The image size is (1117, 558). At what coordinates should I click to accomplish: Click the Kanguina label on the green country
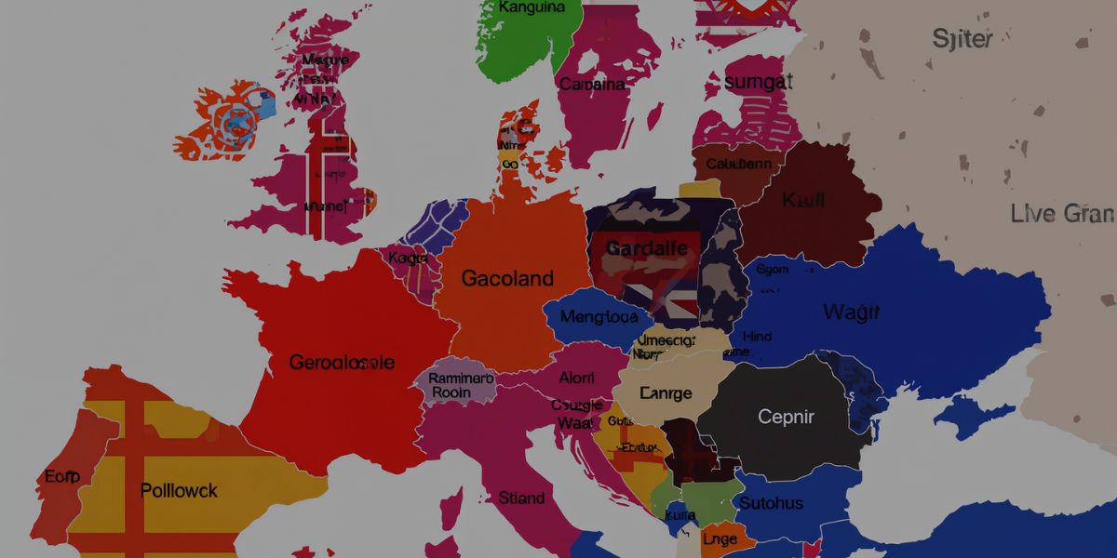[x=532, y=7]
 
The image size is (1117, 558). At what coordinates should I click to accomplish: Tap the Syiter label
[x=962, y=39]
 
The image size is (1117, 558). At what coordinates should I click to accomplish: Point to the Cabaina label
[x=592, y=84]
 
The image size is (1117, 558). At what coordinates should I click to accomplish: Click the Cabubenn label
[x=738, y=164]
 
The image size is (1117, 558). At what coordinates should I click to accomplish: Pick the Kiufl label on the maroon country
[x=803, y=199]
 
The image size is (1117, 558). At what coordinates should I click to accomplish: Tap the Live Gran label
[x=1062, y=214]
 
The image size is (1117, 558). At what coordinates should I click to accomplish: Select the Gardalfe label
[x=646, y=248]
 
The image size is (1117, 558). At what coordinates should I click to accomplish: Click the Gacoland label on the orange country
[x=507, y=278]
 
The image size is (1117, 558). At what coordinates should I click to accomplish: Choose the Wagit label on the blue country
[x=851, y=312]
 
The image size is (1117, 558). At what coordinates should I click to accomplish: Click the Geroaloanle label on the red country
[x=342, y=363]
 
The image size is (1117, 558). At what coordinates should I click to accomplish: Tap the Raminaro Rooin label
[x=462, y=385]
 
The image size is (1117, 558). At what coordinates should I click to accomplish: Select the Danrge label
[x=666, y=393]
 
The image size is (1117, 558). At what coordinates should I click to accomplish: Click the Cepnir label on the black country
[x=787, y=417]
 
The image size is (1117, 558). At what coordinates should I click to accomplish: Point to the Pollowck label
[x=179, y=490]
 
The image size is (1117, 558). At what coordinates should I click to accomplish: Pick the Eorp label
[x=62, y=477]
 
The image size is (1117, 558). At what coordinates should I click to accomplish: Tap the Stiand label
[x=521, y=498]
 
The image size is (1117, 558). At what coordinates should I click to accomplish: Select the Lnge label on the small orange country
[x=719, y=538]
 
